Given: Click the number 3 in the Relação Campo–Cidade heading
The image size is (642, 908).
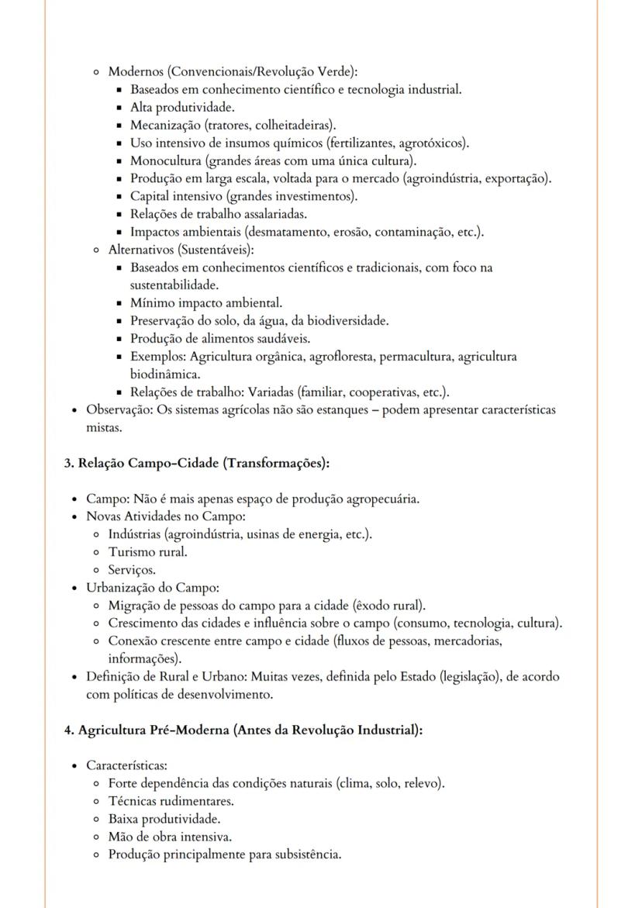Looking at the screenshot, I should (x=67, y=463).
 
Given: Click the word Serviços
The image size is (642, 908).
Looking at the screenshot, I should (x=131, y=570).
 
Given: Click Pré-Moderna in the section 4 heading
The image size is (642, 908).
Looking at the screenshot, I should (x=192, y=730).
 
